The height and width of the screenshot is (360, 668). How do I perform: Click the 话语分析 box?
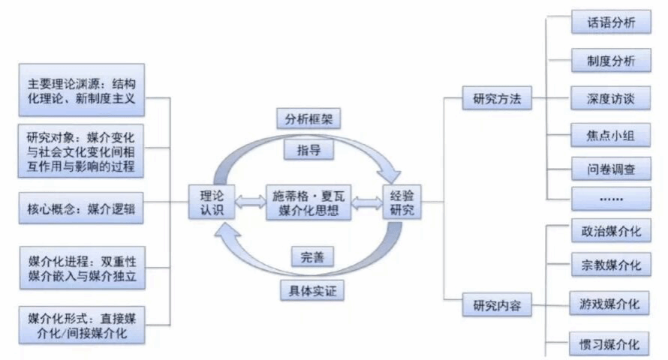pos(609,23)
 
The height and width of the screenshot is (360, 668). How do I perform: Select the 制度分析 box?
pos(609,61)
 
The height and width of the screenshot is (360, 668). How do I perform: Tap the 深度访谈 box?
pos(609,99)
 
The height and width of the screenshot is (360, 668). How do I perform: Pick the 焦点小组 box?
pos(609,135)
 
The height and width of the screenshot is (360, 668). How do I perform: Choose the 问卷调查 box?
pos(609,169)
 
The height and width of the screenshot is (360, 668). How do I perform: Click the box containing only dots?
pos(609,199)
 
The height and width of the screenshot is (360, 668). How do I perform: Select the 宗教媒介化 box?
pos(609,265)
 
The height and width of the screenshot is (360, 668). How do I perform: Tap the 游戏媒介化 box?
pos(609,304)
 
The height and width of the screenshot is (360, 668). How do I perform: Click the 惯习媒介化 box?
pos(609,344)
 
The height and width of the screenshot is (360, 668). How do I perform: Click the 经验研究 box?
pos(402,201)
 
